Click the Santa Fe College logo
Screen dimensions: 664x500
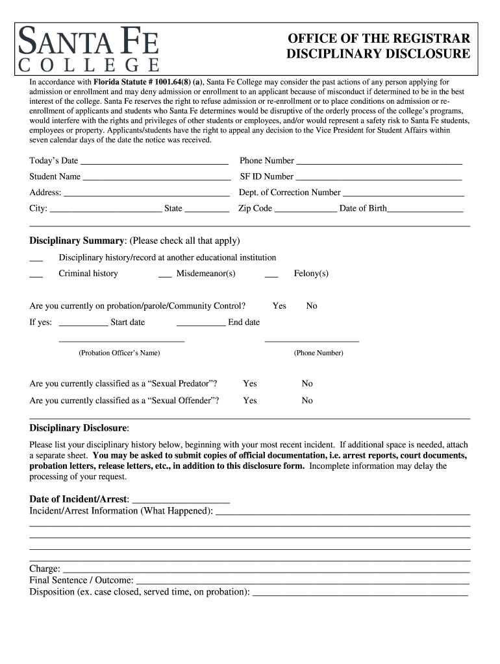click(x=89, y=49)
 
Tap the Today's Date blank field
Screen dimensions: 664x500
click(x=154, y=161)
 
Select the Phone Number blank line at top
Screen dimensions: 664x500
click(x=379, y=161)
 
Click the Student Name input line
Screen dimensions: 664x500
click(x=156, y=177)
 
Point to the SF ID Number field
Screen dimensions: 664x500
click(x=379, y=177)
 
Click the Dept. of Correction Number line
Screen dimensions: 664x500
click(x=403, y=193)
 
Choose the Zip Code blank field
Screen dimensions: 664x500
click(x=305, y=209)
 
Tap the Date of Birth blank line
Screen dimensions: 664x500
click(x=425, y=209)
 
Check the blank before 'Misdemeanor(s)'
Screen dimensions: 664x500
click(x=165, y=274)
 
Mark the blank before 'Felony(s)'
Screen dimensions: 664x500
click(x=271, y=274)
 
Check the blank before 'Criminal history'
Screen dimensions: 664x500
click(x=36, y=274)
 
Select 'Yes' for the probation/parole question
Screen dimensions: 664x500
click(x=279, y=306)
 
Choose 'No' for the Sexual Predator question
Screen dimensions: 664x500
click(x=307, y=384)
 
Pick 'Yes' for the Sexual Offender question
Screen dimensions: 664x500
click(x=250, y=401)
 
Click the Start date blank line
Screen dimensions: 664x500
click(x=83, y=323)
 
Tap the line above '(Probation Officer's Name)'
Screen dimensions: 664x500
click(x=121, y=340)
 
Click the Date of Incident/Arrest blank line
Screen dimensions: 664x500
click(x=181, y=500)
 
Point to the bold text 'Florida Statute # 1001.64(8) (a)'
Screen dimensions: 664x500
click(x=148, y=82)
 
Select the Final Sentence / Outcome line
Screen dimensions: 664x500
click(x=302, y=581)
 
